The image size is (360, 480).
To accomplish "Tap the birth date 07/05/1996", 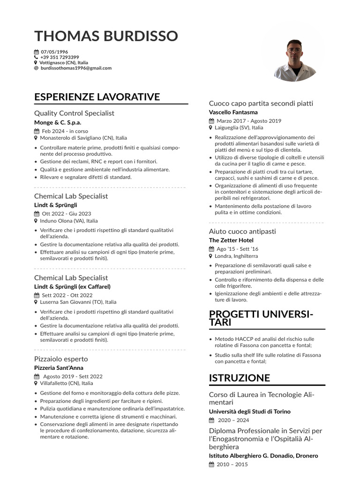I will [54, 52].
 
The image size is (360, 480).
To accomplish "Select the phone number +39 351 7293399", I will [60, 57].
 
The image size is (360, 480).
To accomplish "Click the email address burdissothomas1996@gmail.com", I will [76, 68].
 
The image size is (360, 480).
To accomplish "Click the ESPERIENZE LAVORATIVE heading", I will [97, 97].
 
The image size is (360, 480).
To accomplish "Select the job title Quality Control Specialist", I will [74, 113].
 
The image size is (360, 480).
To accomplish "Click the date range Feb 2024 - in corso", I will [65, 131].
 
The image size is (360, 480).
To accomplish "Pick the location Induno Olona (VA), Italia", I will [69, 221].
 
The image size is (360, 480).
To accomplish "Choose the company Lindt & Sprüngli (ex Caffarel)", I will [72, 286].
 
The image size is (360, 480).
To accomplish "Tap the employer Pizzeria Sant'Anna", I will [59, 367].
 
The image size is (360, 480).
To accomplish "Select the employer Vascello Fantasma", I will [233, 112].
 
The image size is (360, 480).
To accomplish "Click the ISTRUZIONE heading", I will [240, 378].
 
